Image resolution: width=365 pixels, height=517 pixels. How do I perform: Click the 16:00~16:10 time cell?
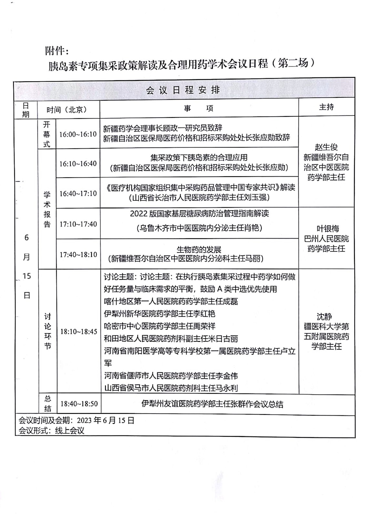pos(78,134)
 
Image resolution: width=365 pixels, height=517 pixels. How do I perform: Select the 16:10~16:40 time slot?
pos(78,164)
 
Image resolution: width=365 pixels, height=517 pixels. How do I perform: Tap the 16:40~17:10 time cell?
pos(78,193)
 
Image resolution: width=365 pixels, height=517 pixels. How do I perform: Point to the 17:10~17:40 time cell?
pos(78,224)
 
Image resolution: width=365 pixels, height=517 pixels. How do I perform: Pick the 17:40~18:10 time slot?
pos(78,254)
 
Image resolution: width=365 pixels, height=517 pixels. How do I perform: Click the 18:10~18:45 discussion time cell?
pos(78,332)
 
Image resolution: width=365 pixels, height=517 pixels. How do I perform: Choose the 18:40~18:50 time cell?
pos(79,404)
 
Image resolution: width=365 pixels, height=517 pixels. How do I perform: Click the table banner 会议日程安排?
pos(183,90)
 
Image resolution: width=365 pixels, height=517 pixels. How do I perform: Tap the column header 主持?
pos(326,107)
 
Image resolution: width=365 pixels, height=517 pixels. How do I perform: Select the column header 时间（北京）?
pos(67,110)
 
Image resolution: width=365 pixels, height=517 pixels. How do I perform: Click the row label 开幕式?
pos(47,134)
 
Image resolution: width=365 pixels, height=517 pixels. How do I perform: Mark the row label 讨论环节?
pos(47,331)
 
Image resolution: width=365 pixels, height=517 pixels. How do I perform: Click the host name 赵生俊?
pos(326,147)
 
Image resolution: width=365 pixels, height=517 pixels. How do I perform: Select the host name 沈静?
pos(324,317)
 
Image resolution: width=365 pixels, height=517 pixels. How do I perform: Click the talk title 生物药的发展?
pos(199,249)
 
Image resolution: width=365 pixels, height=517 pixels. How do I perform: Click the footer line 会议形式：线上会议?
pos(51,430)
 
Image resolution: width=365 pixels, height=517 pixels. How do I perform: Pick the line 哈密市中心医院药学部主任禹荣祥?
pos(160,326)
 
